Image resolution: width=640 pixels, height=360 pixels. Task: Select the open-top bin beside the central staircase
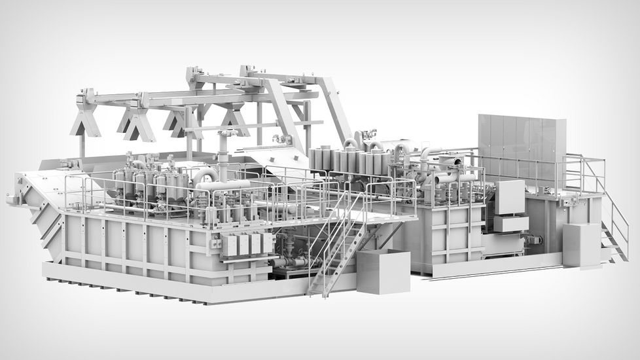[383, 270]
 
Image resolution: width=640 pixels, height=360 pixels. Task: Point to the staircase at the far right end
[614, 223]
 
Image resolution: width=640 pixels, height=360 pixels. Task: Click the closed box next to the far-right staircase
[580, 245]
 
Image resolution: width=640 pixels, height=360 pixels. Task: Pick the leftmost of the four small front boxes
[230, 245]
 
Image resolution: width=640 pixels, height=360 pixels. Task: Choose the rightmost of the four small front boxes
[267, 243]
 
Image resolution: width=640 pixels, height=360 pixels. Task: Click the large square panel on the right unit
[509, 197]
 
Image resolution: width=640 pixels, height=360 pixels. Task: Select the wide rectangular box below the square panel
[511, 224]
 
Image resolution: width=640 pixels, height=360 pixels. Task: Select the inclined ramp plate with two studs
[281, 154]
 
